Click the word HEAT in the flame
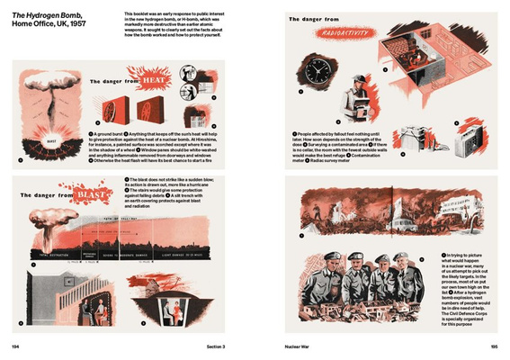coord(148,79)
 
